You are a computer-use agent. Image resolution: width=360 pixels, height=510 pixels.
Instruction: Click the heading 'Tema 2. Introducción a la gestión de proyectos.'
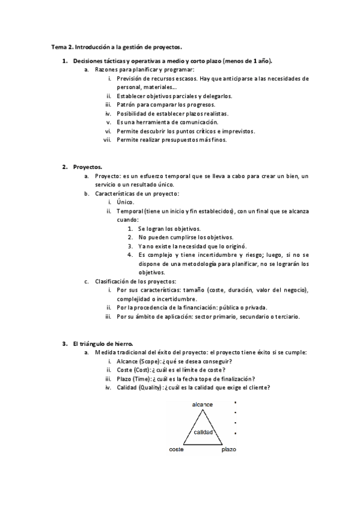coord(116,46)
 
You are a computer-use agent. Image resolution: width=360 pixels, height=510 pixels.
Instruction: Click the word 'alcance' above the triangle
coord(202,405)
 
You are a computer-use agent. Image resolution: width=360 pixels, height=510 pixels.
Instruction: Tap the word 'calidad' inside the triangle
coord(203,432)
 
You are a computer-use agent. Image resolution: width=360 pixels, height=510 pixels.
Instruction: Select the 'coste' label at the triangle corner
coord(176,449)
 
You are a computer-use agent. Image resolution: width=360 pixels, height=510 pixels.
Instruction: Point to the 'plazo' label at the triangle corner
coord(229,449)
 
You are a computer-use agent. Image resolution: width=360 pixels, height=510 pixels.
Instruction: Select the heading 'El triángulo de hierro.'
coord(102,343)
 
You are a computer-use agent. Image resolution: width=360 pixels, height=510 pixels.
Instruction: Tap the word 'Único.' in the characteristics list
coord(126,203)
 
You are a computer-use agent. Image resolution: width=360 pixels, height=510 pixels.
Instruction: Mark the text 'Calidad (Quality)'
coord(143,388)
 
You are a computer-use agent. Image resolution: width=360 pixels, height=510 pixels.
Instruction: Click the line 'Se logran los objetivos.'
coord(169,229)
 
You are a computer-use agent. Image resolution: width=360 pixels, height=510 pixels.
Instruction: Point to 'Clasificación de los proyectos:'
coord(135,281)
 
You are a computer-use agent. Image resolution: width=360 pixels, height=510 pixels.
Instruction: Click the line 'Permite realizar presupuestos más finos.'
coord(171,140)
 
